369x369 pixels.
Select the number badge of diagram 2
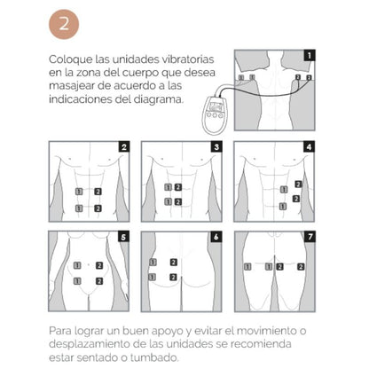point(124,145)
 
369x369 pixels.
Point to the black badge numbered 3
point(216,145)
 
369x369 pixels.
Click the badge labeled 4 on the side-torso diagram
point(307,145)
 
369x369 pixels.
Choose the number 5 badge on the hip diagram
point(124,238)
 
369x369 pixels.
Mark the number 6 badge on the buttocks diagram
point(216,238)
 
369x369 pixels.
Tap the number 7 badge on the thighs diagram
point(307,238)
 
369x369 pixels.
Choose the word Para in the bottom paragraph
point(62,331)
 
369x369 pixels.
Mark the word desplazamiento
point(96,344)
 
